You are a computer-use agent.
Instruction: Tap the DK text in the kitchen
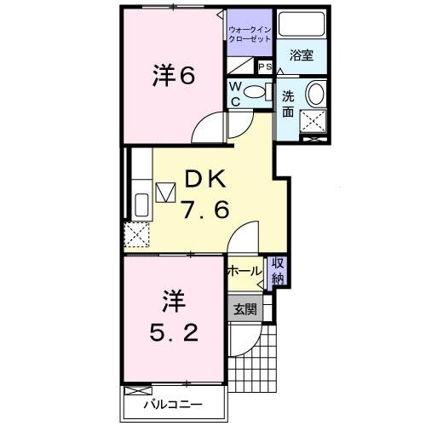coord(203,181)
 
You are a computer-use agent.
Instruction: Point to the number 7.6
coord(204,210)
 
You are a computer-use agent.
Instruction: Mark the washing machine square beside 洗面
coord(315,124)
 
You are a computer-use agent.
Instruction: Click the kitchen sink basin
coord(141,204)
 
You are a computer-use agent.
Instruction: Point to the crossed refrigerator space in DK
coord(136,233)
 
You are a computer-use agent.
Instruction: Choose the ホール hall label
coord(244,272)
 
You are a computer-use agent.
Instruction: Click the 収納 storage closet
coord(278,271)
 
